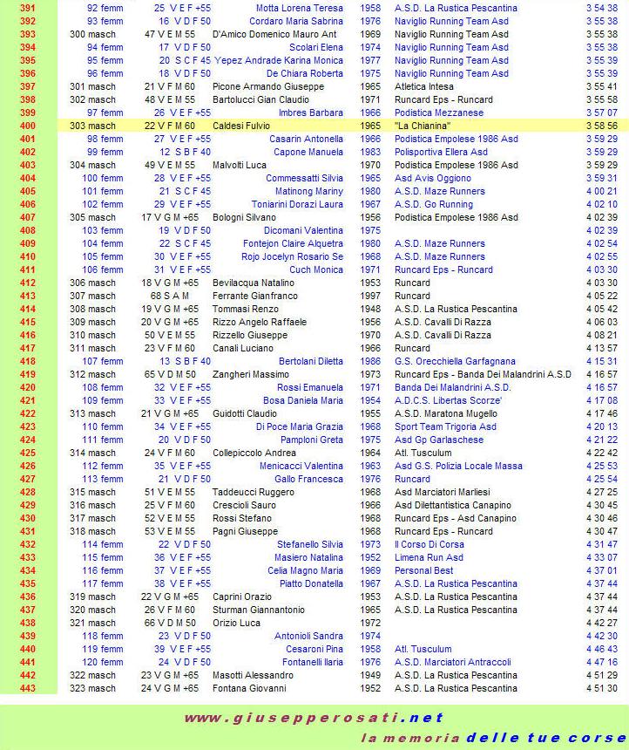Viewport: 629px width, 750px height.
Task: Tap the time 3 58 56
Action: (601, 126)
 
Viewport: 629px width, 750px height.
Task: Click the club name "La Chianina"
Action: (423, 126)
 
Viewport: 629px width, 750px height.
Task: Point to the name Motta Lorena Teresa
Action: (300, 8)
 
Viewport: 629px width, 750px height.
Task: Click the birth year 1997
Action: (369, 296)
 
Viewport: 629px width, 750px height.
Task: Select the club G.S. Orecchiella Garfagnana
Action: (454, 361)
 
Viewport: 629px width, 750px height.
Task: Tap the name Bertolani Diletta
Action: (311, 361)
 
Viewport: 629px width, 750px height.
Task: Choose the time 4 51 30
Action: (601, 688)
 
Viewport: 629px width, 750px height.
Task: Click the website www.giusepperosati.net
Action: (314, 719)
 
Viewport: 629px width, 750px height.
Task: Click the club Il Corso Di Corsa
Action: (429, 544)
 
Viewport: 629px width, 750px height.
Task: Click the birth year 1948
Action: (369, 309)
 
